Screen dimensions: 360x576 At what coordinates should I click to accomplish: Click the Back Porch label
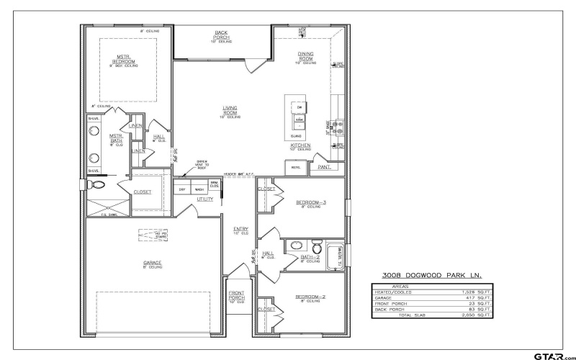pos(222,35)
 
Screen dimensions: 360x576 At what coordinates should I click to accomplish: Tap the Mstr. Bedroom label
pos(123,59)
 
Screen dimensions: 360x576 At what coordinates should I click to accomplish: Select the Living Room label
pos(230,110)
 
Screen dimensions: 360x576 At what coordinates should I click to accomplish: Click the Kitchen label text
pos(300,145)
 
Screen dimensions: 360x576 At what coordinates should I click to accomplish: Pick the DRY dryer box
pos(182,189)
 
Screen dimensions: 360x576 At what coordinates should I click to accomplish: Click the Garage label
pos(153,263)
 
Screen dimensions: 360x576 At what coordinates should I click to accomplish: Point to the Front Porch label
pos(236,294)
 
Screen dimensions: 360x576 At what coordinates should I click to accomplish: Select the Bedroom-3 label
pos(311,203)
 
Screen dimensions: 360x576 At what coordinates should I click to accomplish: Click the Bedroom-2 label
pos(311,297)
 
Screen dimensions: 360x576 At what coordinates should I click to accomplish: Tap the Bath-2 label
pos(310,258)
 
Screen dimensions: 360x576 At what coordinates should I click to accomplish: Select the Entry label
pos(240,230)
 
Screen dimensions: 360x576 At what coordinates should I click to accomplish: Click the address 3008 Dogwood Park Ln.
pos(430,274)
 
